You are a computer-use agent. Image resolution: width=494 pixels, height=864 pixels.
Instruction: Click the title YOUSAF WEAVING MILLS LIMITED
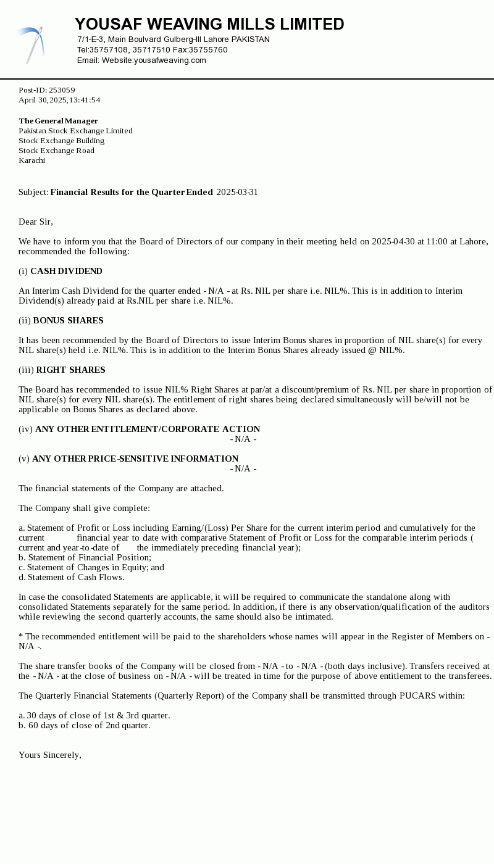[x=209, y=25]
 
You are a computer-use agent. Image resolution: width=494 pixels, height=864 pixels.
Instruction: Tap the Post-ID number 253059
[x=62, y=90]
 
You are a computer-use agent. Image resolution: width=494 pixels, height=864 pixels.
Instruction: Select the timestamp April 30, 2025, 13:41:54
[x=59, y=100]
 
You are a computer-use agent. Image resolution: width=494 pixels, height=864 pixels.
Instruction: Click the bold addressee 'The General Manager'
[x=58, y=121]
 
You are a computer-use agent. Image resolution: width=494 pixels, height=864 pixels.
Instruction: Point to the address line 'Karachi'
[x=31, y=160]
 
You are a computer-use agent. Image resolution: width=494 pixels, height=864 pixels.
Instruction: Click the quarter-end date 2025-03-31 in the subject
[x=237, y=192]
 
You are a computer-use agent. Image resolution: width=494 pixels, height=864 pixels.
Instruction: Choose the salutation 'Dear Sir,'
[x=36, y=222]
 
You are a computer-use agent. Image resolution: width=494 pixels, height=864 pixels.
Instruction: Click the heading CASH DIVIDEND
[x=66, y=271]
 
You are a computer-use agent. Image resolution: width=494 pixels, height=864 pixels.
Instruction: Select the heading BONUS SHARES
[x=68, y=320]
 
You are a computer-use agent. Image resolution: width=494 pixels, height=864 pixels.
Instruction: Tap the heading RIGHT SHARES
[x=70, y=370]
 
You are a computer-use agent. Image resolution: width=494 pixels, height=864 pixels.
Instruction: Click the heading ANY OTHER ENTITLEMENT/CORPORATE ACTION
[x=148, y=429]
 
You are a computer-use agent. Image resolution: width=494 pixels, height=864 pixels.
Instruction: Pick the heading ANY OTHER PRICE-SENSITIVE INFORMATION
[x=135, y=459]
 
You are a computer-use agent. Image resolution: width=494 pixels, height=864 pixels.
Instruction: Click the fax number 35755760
[x=208, y=50]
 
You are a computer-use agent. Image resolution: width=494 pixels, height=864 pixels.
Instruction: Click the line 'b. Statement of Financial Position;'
[x=85, y=557]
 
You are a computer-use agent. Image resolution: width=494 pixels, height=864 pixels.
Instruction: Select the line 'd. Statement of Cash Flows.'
[x=71, y=577]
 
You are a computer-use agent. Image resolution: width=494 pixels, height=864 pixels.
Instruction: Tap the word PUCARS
[x=417, y=696]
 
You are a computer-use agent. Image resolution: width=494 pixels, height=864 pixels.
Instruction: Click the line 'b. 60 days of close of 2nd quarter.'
[x=84, y=725]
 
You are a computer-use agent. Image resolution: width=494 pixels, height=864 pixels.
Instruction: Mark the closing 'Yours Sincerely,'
[x=50, y=755]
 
